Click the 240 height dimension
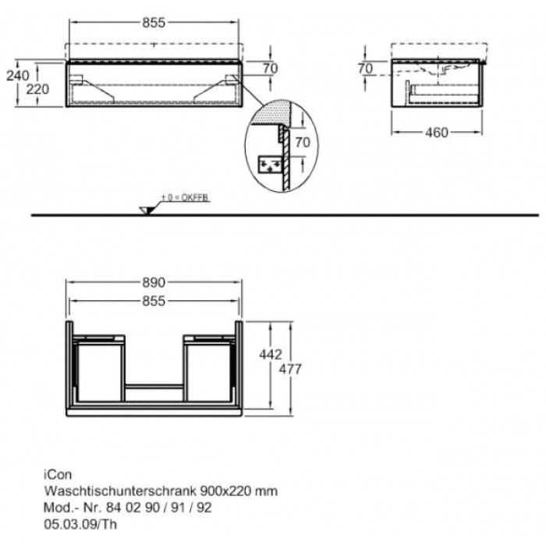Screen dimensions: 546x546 pyautogui.click(x=17, y=76)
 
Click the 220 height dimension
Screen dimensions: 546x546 pyautogui.click(x=37, y=90)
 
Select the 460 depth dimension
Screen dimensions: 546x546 pyautogui.click(x=437, y=133)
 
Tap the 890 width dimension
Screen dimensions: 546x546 pyautogui.click(x=154, y=282)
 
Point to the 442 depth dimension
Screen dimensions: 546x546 pyautogui.click(x=270, y=354)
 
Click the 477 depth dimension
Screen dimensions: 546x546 pyautogui.click(x=290, y=369)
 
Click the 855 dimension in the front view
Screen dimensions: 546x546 pyautogui.click(x=154, y=23)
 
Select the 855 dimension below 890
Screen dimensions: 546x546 pyautogui.click(x=154, y=301)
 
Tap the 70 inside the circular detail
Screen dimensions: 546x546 pyautogui.click(x=303, y=142)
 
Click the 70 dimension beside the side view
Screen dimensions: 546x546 pyautogui.click(x=365, y=69)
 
